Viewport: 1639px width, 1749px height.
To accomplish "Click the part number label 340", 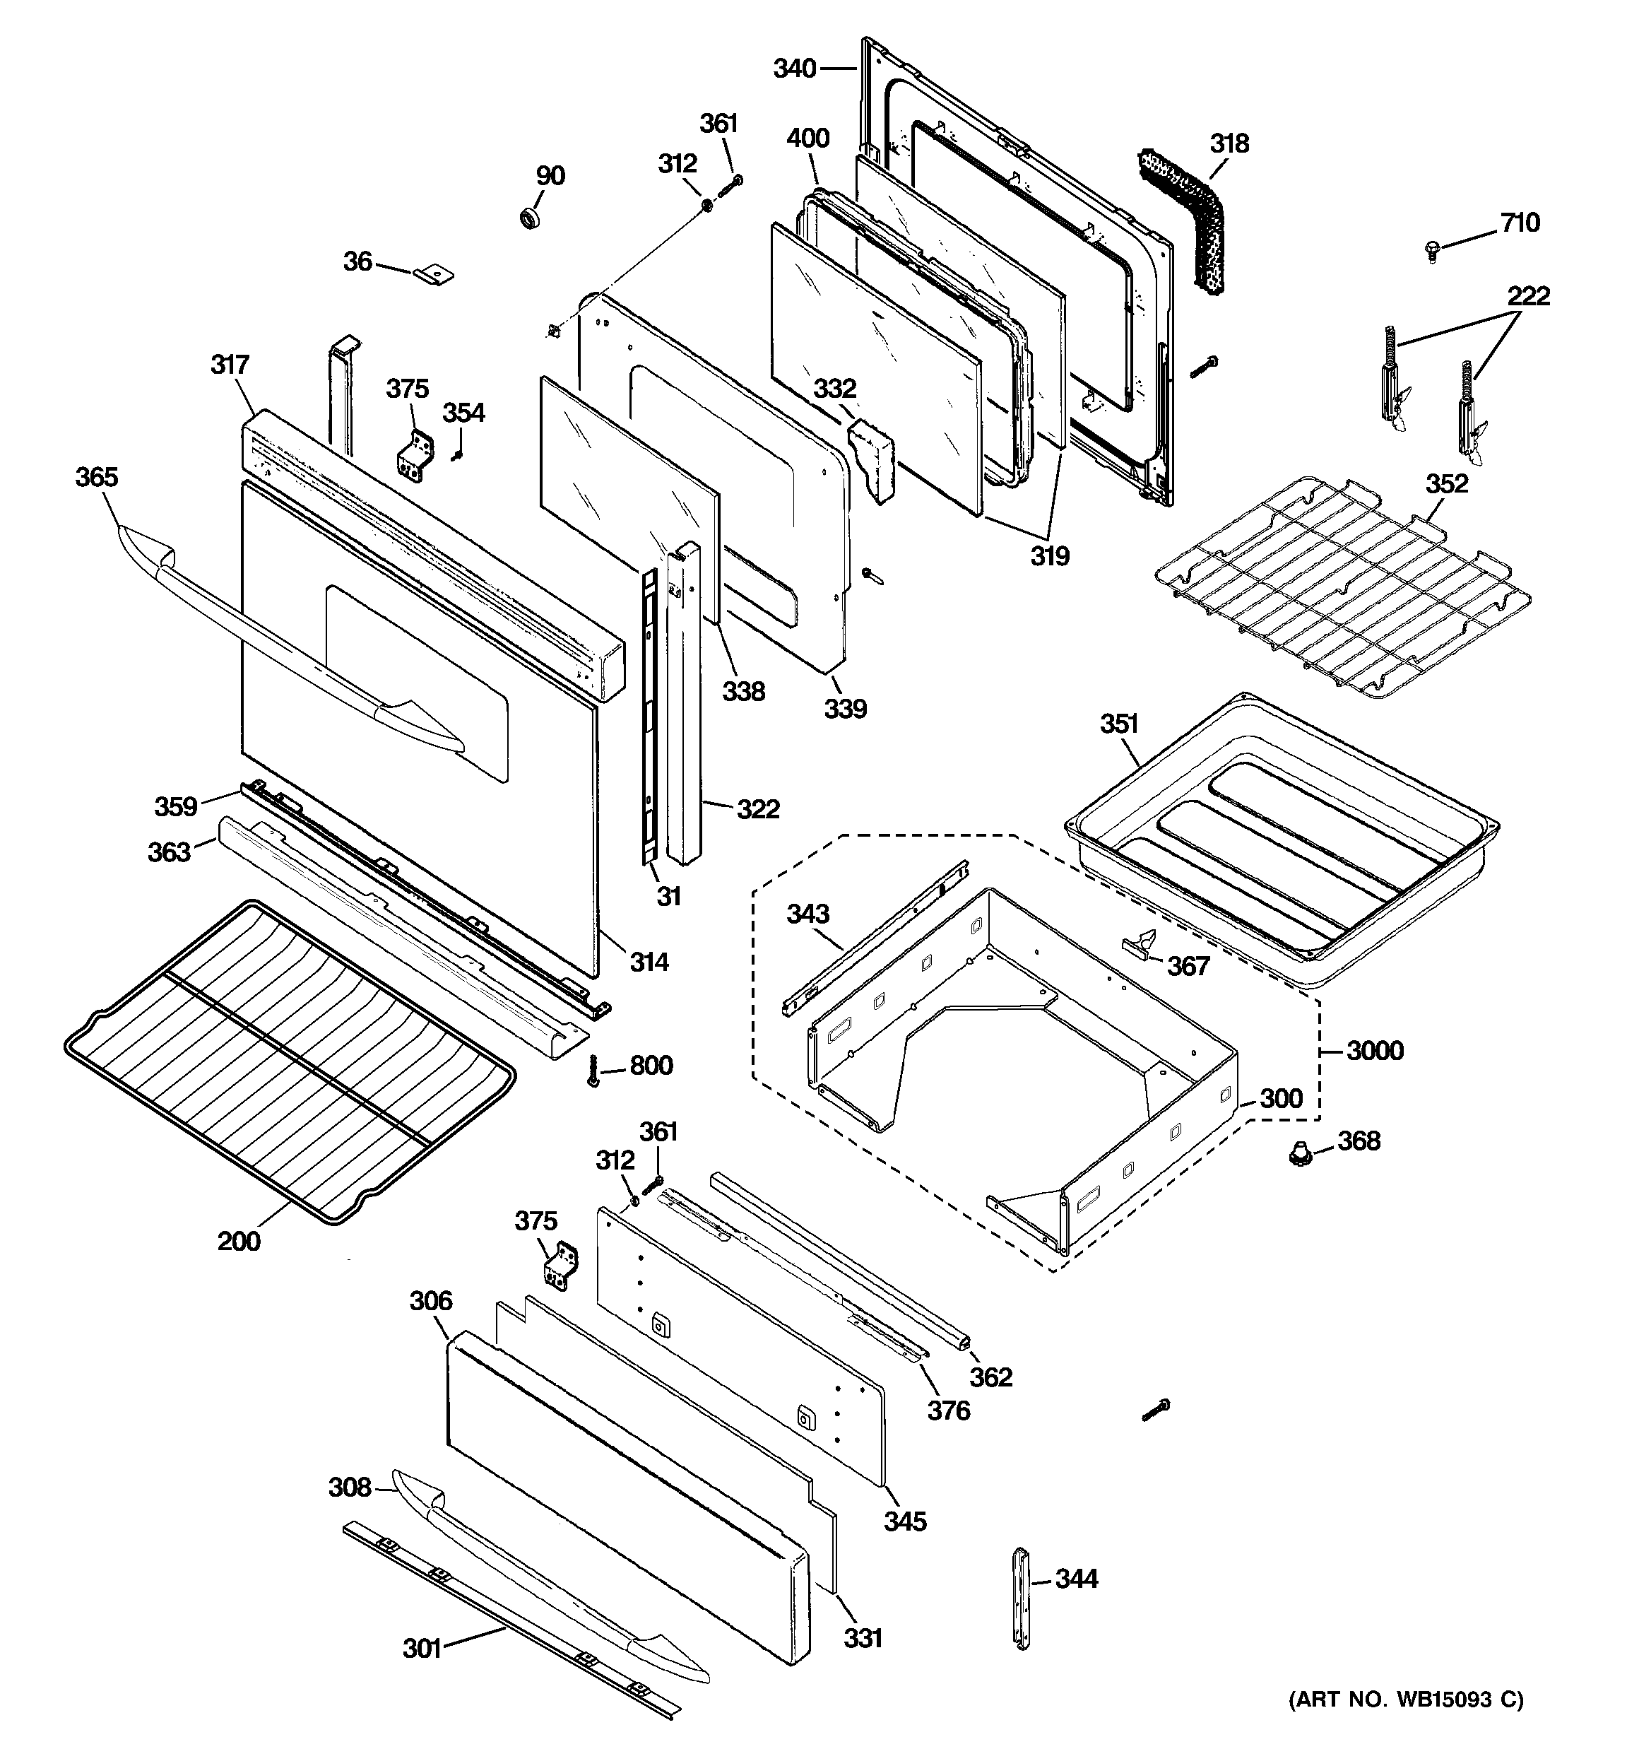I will [795, 69].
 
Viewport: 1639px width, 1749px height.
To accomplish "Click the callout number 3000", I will [1375, 1050].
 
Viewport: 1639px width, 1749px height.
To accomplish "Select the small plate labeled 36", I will [434, 274].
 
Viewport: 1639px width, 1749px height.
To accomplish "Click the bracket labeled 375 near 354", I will [413, 455].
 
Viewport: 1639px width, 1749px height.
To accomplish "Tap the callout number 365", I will [96, 477].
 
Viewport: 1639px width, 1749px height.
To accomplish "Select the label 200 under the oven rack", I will [238, 1242].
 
